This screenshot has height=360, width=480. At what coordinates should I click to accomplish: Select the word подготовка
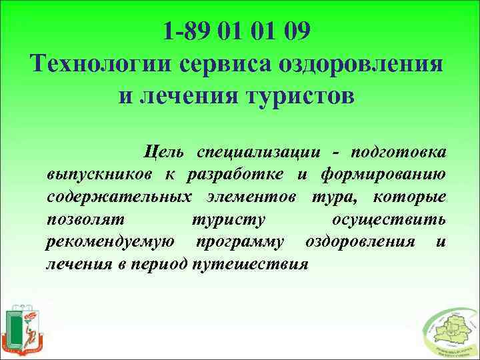pyautogui.click(x=400, y=152)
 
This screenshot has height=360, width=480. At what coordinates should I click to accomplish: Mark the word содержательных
pyautogui.click(x=114, y=197)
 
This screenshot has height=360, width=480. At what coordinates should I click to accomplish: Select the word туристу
pyautogui.click(x=228, y=219)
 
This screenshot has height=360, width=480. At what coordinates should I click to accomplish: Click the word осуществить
pyautogui.click(x=389, y=219)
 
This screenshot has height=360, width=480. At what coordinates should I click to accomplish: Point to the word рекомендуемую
pyautogui.click(x=111, y=241)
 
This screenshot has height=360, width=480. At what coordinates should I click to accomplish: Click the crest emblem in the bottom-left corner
pyautogui.click(x=25, y=328)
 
